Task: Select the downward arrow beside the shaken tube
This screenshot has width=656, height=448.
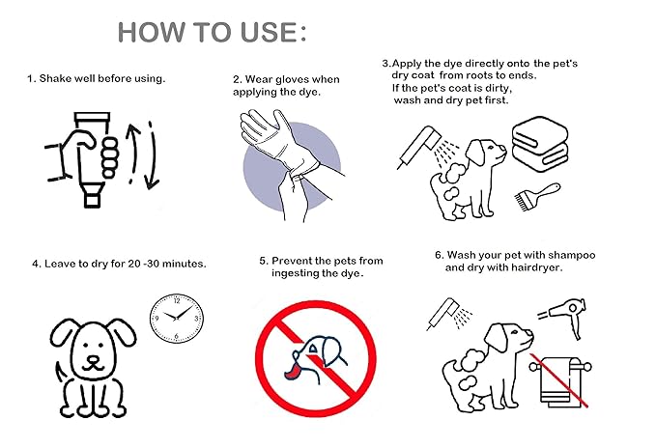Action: tap(152, 154)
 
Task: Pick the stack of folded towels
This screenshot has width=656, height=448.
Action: tap(540, 144)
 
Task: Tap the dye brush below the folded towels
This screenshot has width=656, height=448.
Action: tap(537, 196)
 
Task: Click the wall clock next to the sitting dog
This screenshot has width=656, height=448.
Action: tap(177, 318)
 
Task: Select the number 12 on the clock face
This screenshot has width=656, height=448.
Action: tap(177, 301)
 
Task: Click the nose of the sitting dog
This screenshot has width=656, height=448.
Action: tap(93, 360)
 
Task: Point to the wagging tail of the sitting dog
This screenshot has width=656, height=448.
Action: tap(60, 372)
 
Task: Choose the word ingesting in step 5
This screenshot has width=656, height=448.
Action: tap(294, 274)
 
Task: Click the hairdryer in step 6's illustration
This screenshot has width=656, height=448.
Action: tap(565, 315)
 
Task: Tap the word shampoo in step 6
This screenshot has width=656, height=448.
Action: tap(572, 256)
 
